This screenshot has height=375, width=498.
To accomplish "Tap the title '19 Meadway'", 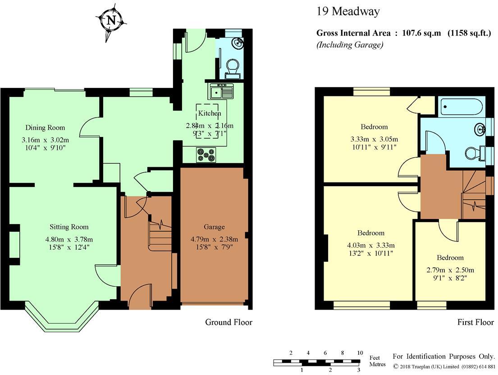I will coord(347,11).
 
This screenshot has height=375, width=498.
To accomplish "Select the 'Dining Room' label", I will coord(45,128).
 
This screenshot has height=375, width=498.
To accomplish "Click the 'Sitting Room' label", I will coord(69,227).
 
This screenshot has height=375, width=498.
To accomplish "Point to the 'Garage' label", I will coord(214,227).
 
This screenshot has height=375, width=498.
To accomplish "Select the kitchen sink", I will coord(221,92).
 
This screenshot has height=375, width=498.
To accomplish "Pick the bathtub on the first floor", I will coord(461,107).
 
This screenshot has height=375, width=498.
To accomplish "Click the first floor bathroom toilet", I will coord(474,153).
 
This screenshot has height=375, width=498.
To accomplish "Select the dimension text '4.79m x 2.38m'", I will coord(213,238).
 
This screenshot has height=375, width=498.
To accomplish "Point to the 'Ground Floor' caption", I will coord(228,322).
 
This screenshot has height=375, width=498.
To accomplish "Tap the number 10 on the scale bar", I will coord(360,353).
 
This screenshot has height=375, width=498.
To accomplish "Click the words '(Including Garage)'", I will coord(349,45).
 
